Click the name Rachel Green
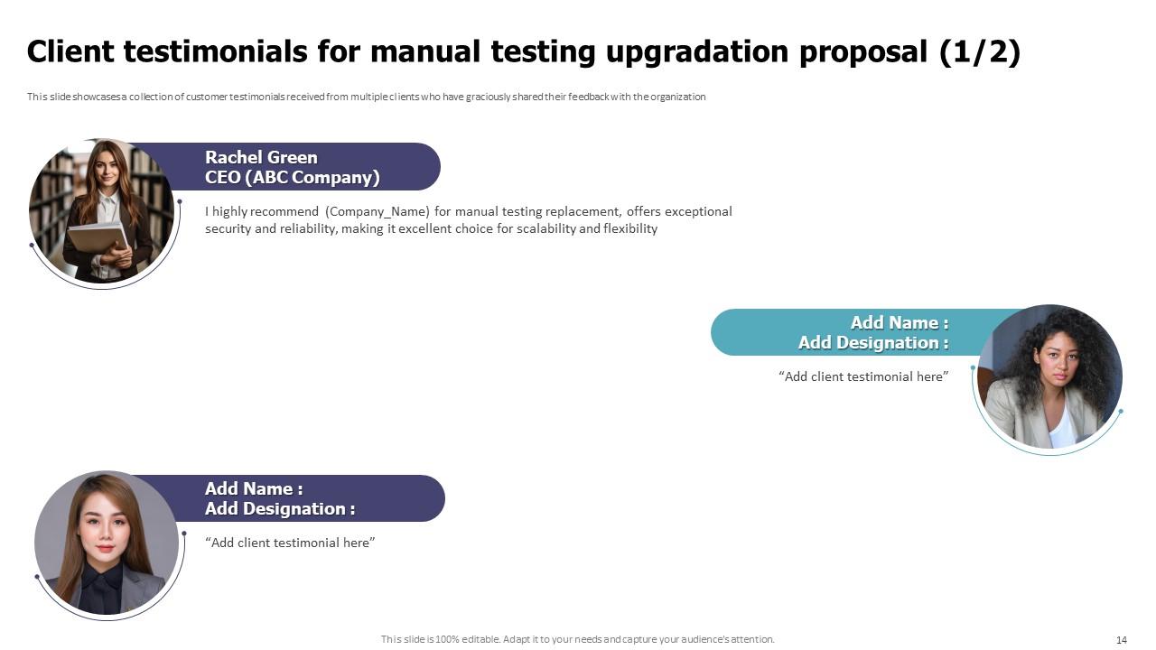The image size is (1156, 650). pos(261,157)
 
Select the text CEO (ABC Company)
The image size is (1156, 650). pos(292,178)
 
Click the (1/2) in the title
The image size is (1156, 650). pos(979,52)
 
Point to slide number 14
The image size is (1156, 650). pos(1122,640)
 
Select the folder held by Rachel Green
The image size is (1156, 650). pos(96,239)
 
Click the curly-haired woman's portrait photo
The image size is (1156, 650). pos(1049,377)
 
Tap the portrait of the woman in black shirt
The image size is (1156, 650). pos(107,543)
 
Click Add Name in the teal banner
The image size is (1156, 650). pos(899,322)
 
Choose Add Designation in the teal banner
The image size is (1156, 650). pos(872,343)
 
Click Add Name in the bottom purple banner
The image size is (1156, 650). pos(253,488)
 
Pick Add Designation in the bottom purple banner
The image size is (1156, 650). pos(279,509)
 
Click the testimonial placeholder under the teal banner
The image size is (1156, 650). pos(863,376)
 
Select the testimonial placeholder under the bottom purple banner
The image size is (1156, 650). pos(290,543)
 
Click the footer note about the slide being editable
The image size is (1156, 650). pos(577,639)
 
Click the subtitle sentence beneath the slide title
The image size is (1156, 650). pos(366,97)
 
